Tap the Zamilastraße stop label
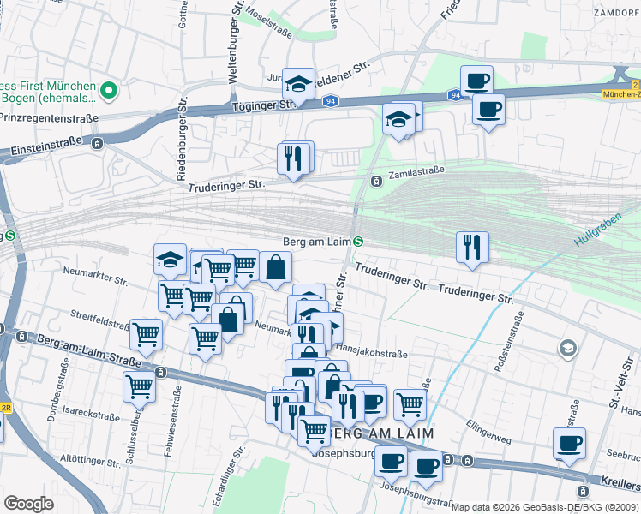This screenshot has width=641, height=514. (416, 171)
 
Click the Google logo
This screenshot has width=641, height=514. (28, 504)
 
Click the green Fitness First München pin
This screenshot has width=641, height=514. (109, 89)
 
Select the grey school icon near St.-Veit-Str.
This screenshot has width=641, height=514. (566, 348)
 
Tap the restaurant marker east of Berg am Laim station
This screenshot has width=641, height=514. (472, 246)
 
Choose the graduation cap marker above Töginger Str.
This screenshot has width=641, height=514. (298, 83)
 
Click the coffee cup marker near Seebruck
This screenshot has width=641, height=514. (569, 443)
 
